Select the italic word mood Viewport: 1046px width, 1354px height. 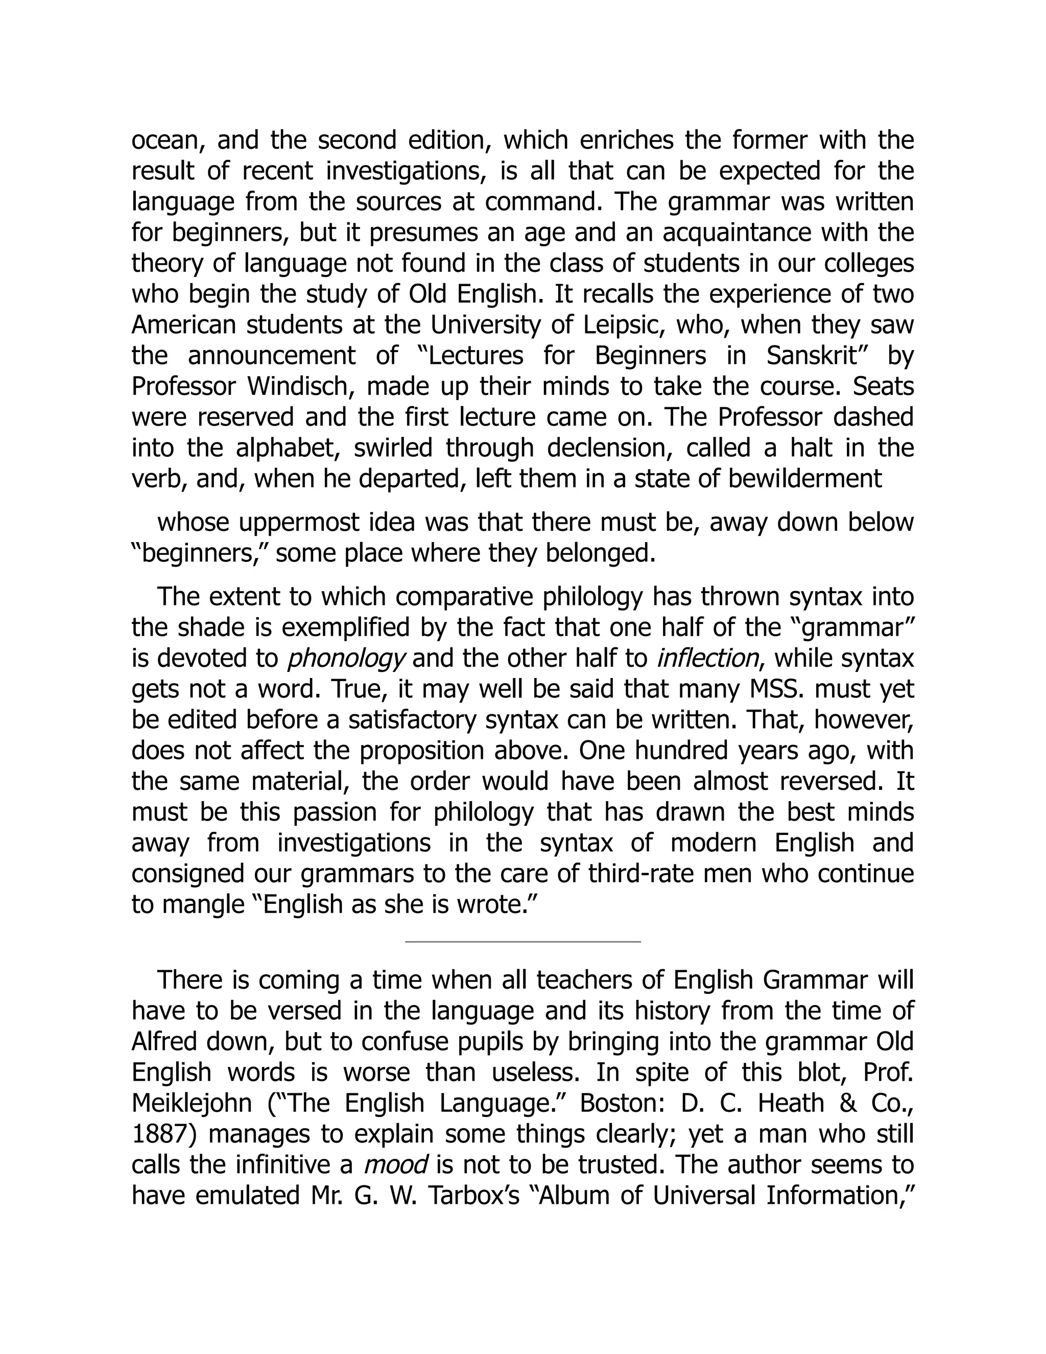pyautogui.click(x=395, y=1164)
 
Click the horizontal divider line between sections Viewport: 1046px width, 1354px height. pyautogui.click(x=522, y=942)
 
